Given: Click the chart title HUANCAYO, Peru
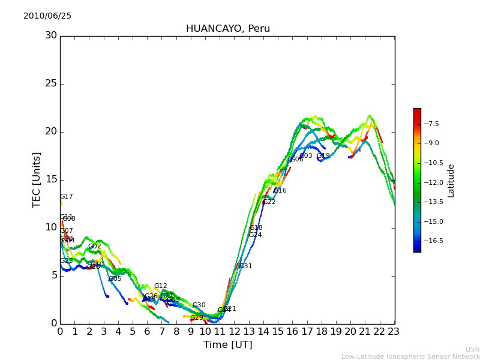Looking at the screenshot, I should (x=227, y=29).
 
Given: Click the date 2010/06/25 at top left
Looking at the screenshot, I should (x=47, y=16).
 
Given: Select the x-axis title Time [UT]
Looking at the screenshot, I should (x=227, y=345).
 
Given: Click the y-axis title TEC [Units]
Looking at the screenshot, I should (x=37, y=179).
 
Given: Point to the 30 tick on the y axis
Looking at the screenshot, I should (x=51, y=35).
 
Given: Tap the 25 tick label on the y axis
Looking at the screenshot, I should (x=51, y=83).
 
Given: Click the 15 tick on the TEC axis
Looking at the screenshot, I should (x=51, y=179).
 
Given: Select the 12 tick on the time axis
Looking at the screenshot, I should (x=234, y=331).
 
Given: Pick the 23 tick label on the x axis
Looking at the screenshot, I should (x=394, y=331).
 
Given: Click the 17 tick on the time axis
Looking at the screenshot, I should (x=307, y=331).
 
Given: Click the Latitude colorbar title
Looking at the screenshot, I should (x=451, y=180).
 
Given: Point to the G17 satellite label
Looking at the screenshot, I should (x=66, y=197).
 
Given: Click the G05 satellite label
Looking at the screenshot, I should (x=115, y=279).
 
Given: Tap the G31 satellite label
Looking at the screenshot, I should (x=245, y=266).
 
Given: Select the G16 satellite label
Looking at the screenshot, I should (x=280, y=191).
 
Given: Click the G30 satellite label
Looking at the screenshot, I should (x=199, y=305).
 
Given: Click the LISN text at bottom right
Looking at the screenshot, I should (x=473, y=349).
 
